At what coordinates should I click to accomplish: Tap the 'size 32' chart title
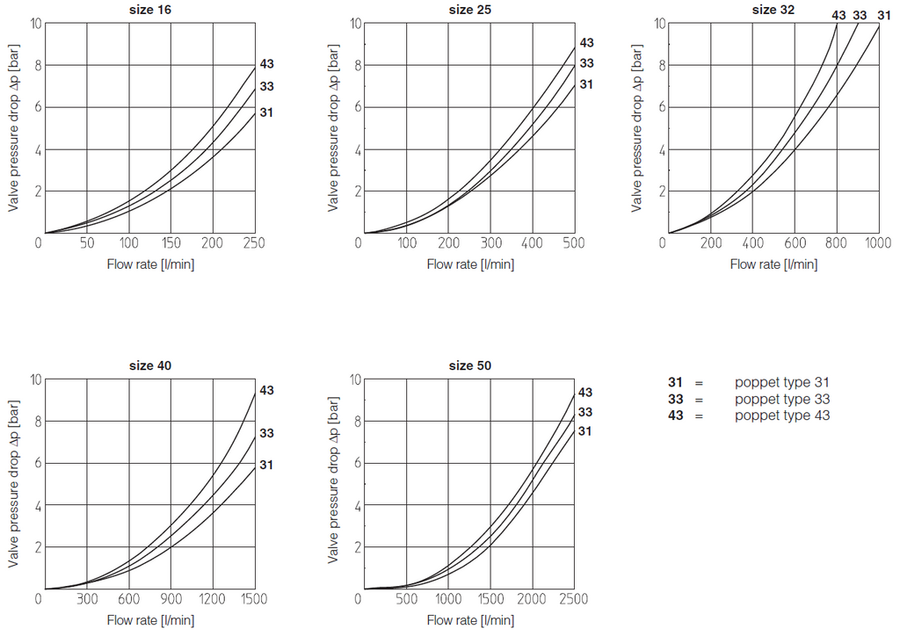click(x=771, y=11)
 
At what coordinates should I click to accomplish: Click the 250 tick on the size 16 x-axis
click(x=253, y=243)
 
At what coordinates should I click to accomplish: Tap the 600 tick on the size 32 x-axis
click(x=795, y=243)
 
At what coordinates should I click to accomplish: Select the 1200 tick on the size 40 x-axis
click(x=212, y=599)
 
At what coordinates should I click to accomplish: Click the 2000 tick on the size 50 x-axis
click(x=532, y=599)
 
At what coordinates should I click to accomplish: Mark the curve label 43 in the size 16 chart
click(x=266, y=64)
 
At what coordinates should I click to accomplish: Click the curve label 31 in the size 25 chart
click(x=586, y=84)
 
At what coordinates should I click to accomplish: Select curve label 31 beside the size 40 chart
click(x=266, y=464)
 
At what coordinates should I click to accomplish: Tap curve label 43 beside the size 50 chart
click(x=585, y=393)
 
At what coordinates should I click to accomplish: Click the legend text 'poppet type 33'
click(x=781, y=399)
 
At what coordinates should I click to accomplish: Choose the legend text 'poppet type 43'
click(x=781, y=416)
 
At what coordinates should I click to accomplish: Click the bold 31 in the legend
click(x=675, y=382)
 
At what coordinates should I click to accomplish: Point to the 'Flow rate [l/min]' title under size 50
click(x=470, y=620)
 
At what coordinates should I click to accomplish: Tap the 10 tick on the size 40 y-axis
click(x=35, y=379)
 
